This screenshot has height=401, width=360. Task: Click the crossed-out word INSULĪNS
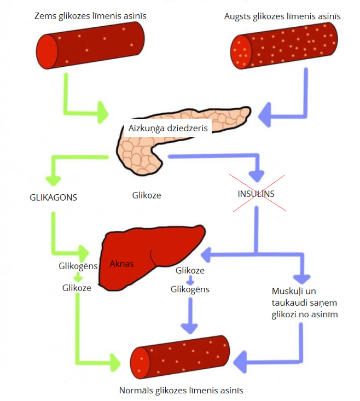click(256, 194)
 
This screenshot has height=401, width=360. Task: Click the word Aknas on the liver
click(122, 264)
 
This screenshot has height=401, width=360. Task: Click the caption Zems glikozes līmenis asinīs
click(90, 16)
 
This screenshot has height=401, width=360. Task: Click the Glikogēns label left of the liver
click(78, 266)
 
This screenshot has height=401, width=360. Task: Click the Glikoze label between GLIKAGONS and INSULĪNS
click(147, 195)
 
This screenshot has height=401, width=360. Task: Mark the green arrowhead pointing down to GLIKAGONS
click(53, 177)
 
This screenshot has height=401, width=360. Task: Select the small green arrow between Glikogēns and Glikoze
click(78, 277)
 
